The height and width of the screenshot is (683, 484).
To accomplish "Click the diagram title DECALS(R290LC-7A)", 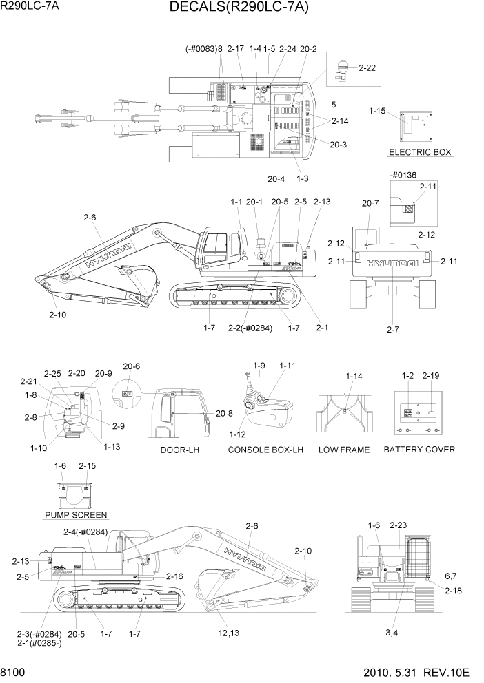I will click(238, 8).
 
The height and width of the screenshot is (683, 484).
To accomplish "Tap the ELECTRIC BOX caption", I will click(419, 152).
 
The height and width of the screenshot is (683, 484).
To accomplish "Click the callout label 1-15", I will click(379, 110).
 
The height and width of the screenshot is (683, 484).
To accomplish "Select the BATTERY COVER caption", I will click(419, 450).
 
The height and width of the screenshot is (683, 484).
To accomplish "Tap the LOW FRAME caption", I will click(343, 450).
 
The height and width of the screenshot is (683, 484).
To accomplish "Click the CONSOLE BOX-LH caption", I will click(266, 450).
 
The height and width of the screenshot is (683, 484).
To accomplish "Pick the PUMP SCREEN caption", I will click(75, 514).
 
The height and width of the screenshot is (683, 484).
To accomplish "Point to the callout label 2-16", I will click(174, 576).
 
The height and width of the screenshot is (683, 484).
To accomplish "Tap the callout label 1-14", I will click(354, 376).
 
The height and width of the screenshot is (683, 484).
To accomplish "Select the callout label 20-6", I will click(131, 366).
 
